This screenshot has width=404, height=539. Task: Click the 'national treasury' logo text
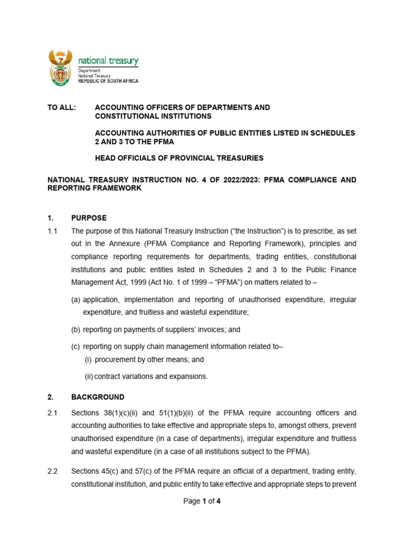tap(108, 61)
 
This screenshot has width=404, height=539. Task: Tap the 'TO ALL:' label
tap(62, 107)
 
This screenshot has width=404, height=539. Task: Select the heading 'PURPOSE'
tap(89, 218)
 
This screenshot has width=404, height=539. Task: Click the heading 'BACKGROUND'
tap(98, 397)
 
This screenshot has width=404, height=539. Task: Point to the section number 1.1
tap(52, 231)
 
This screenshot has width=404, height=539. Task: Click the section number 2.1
tap(52, 413)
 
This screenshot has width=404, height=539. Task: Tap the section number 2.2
tap(52, 471)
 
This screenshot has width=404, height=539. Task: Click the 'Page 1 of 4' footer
tap(201, 501)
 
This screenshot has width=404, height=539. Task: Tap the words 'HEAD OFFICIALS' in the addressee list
tap(120, 158)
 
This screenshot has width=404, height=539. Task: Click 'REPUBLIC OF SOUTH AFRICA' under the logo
tap(108, 81)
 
